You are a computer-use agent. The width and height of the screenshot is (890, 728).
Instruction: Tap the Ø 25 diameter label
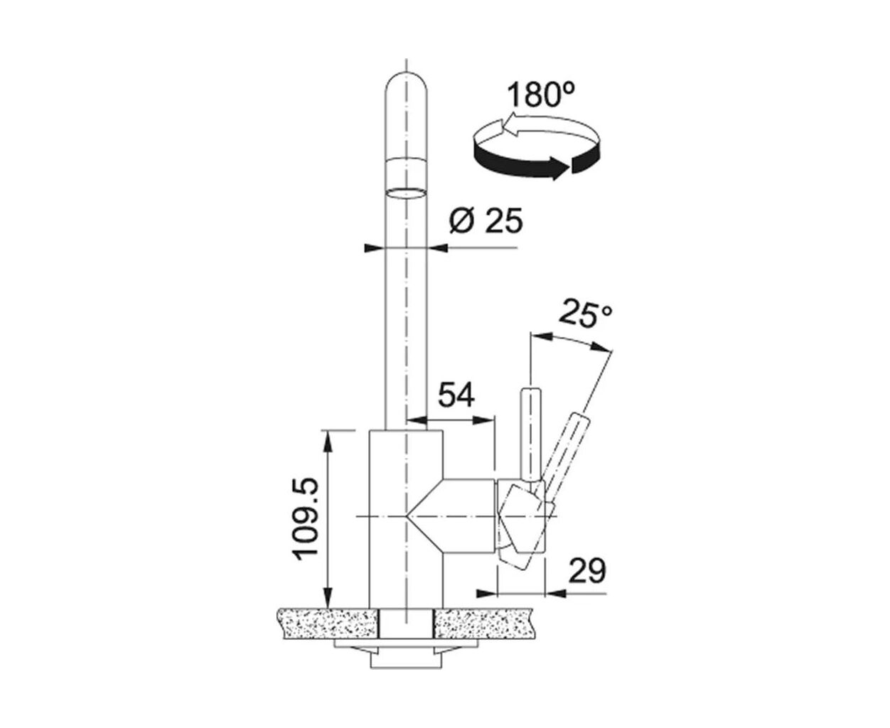click(x=486, y=220)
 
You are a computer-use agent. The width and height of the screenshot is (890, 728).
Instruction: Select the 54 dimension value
click(x=456, y=395)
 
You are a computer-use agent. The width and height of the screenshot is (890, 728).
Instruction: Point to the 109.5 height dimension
click(x=306, y=519)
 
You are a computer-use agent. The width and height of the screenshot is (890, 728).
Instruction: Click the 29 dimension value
click(x=587, y=571)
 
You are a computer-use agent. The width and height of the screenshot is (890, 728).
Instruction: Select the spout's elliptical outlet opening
click(x=406, y=192)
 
